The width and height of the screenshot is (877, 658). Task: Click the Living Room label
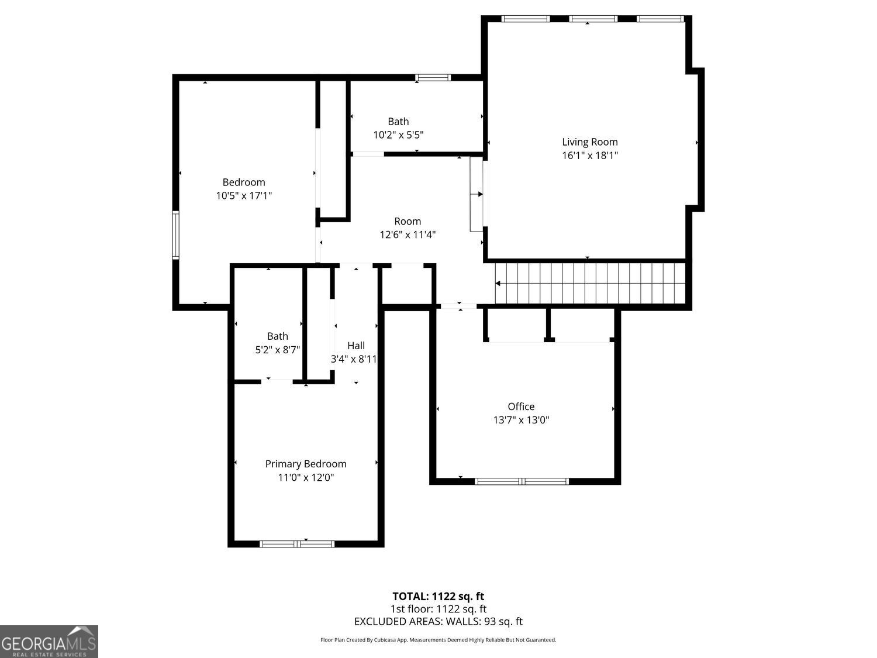click(x=589, y=142)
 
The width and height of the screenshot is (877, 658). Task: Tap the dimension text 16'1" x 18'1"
click(x=589, y=156)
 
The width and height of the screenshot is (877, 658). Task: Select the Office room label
click(x=521, y=406)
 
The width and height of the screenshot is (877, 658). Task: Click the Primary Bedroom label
click(x=306, y=464)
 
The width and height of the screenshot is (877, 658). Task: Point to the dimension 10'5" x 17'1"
click(x=244, y=196)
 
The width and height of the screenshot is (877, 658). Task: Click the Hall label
click(x=355, y=346)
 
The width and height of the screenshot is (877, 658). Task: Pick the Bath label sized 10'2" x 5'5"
click(x=398, y=122)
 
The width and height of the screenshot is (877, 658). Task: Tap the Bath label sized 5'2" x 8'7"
click(x=278, y=336)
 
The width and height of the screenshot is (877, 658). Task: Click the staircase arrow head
click(x=498, y=284)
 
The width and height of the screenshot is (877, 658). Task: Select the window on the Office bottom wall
click(x=522, y=481)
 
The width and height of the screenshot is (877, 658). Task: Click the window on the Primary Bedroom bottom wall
click(x=297, y=544)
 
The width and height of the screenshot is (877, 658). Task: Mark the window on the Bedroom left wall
click(x=175, y=235)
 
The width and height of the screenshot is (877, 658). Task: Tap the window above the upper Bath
click(x=433, y=77)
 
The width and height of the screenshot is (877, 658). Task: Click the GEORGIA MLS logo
click(x=49, y=642)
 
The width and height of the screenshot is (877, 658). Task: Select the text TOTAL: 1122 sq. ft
click(x=438, y=597)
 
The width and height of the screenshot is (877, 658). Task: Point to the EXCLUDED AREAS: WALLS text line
click(x=438, y=622)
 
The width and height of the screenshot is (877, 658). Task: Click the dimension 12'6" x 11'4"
click(x=408, y=235)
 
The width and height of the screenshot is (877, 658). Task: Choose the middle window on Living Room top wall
click(x=593, y=19)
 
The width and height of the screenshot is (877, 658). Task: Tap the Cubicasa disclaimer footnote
click(x=438, y=640)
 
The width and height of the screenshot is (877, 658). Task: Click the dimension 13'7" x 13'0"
click(x=521, y=420)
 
